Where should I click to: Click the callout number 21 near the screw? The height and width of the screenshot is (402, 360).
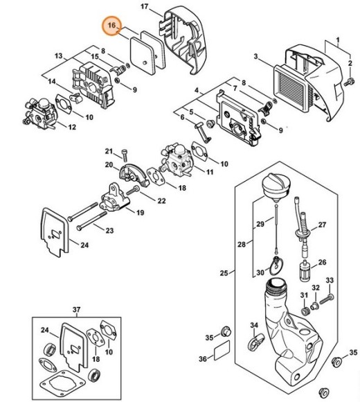[x=109, y=151]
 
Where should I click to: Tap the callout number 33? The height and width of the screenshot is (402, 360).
[x=330, y=281]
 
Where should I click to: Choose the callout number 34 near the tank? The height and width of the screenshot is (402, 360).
[x=237, y=326]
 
